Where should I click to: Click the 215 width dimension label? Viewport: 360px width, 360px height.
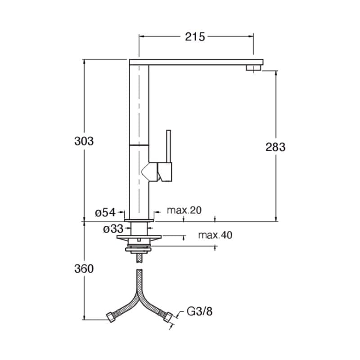coord(195,37)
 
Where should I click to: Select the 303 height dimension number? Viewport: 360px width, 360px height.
coord(84,141)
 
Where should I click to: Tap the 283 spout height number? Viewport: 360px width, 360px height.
coord(275,147)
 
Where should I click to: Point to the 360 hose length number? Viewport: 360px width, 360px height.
coord(84,269)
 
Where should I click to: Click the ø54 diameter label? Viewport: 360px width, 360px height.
coord(105,212)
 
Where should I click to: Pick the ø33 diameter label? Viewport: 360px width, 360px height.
coord(113,229)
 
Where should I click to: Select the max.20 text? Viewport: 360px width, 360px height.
coord(184,210)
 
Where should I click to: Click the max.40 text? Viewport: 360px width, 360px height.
coord(215,235)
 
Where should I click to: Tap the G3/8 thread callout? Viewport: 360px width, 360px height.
coord(199,311)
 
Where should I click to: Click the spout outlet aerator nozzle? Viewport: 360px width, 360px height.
coord(253,68)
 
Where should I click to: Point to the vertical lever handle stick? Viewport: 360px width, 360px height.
coord(168,146)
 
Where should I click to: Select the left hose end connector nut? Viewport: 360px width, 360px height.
coord(111,317)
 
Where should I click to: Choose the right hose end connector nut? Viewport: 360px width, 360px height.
coord(167,317)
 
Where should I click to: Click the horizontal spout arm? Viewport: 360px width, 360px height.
coord(196,62)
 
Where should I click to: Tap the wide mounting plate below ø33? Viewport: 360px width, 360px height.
coord(139,237)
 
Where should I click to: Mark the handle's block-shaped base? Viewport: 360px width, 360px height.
coord(165,172)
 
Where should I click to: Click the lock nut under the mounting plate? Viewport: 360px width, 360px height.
coord(139,249)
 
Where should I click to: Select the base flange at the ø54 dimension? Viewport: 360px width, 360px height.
coord(139,220)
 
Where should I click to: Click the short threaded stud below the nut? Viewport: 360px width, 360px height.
coord(139,258)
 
